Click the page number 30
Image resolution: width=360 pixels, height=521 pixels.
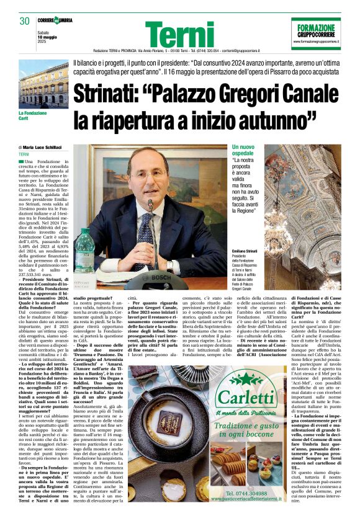click(25, 21)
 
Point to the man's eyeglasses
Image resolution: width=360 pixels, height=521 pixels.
click(148, 175)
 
